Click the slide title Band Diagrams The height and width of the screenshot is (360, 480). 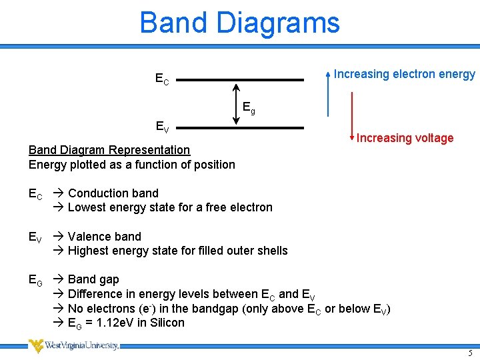coord(239,23)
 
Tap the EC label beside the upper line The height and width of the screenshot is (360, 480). coord(162,79)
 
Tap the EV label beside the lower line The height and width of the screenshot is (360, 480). coord(162,127)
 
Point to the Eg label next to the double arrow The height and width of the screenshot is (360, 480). coord(249,107)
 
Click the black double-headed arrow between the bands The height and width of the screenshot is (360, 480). coord(236,103)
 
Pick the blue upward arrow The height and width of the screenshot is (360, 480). coord(327,93)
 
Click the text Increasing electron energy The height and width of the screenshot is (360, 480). coord(405,74)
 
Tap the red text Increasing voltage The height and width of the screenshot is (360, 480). coord(405,138)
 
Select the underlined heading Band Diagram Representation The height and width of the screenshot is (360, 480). coord(109,150)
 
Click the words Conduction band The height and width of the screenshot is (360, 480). coord(113,193)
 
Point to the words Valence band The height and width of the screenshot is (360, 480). coord(105,237)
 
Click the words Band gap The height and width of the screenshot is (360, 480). coord(93,279)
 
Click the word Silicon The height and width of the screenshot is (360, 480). coord(165,323)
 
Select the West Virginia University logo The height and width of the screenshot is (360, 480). coord(73,345)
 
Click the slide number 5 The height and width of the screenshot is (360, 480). coord(469,352)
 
